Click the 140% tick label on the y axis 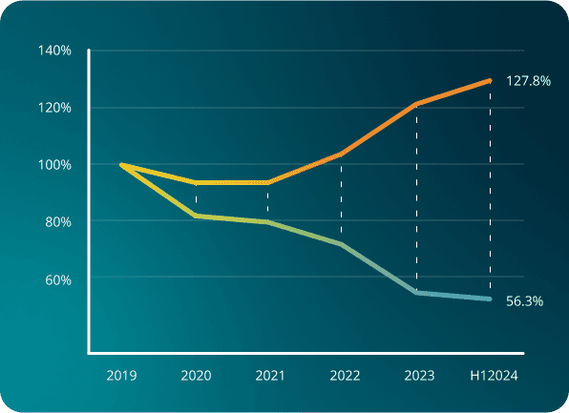[x=56, y=50]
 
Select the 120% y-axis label [x=56, y=107]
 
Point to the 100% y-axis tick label [x=56, y=164]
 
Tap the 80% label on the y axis [x=59, y=221]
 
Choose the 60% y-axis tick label [x=59, y=279]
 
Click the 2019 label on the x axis [x=121, y=376]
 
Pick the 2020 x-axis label [x=196, y=376]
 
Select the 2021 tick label [x=270, y=376]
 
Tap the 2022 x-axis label [x=345, y=376]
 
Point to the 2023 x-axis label [x=419, y=376]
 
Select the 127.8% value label [x=527, y=82]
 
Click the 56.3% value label [x=524, y=301]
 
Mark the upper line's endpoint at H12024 [x=490, y=81]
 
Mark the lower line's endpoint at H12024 [x=490, y=299]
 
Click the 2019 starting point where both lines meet [x=121, y=164]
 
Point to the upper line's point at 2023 [x=416, y=104]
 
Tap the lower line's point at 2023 [x=416, y=292]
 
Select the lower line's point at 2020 [x=196, y=216]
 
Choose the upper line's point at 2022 [x=342, y=154]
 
